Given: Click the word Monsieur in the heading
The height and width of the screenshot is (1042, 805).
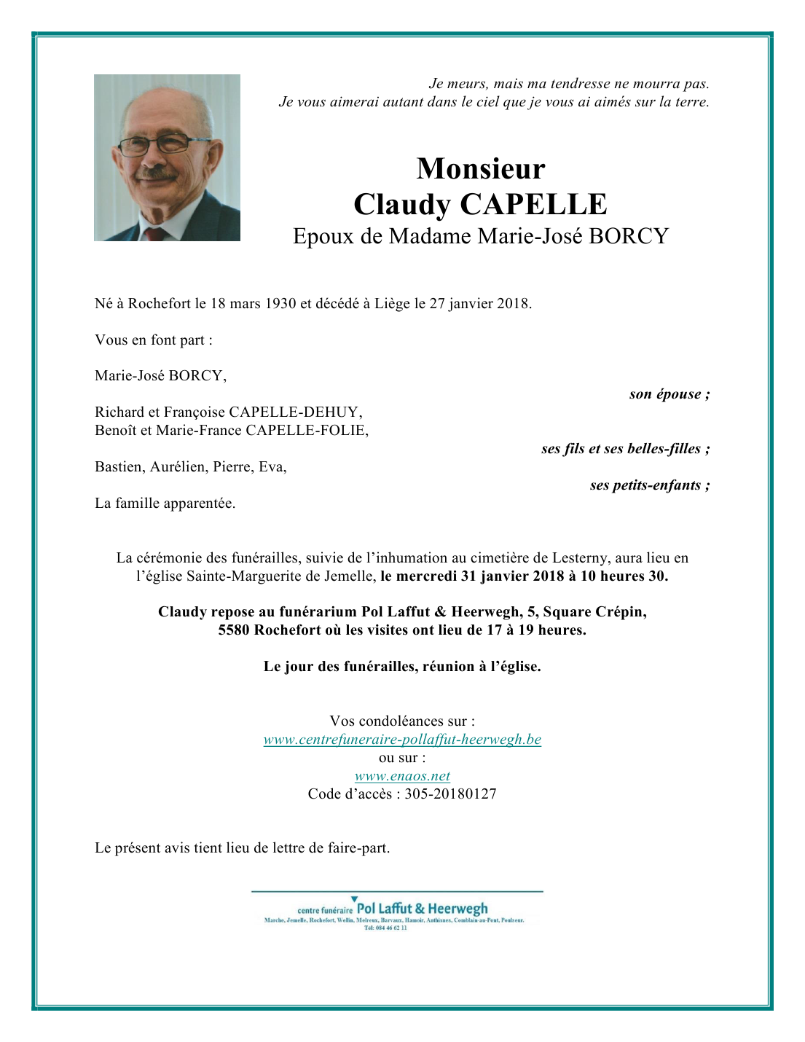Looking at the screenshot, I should pyautogui.click(x=481, y=169).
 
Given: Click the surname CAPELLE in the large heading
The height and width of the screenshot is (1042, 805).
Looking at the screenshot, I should pyautogui.click(x=533, y=205).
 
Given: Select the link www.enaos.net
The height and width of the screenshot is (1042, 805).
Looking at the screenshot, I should pyautogui.click(x=402, y=776).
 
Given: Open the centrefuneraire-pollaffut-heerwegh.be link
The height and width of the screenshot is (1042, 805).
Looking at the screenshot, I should pyautogui.click(x=402, y=740).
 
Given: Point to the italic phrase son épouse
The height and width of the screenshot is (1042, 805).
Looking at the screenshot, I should pyautogui.click(x=669, y=394).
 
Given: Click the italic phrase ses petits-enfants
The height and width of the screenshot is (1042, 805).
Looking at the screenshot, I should pyautogui.click(x=648, y=485).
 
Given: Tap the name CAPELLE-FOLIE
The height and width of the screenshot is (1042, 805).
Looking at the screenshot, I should pyautogui.click(x=306, y=431).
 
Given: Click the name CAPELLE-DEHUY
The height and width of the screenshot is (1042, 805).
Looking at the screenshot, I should pyautogui.click(x=294, y=412).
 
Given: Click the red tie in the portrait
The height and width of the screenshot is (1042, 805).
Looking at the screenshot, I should pyautogui.click(x=154, y=234).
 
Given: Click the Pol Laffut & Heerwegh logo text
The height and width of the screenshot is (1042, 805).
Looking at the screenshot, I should pyautogui.click(x=422, y=909).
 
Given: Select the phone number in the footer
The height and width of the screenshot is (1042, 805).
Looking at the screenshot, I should pyautogui.click(x=385, y=928).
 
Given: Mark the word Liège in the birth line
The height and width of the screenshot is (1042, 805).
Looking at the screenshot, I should pyautogui.click(x=393, y=304).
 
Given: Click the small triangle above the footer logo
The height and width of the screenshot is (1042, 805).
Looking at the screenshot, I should pyautogui.click(x=355, y=899).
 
